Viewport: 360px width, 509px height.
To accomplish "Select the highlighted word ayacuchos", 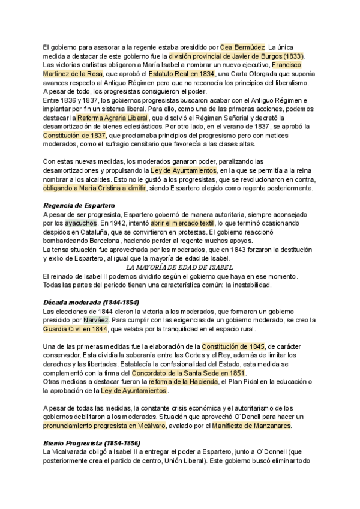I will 80,223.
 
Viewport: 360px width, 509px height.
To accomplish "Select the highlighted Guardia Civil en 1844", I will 76,329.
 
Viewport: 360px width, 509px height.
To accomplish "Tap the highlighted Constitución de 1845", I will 233,346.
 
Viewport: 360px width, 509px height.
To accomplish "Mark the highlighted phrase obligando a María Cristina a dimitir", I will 94,188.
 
